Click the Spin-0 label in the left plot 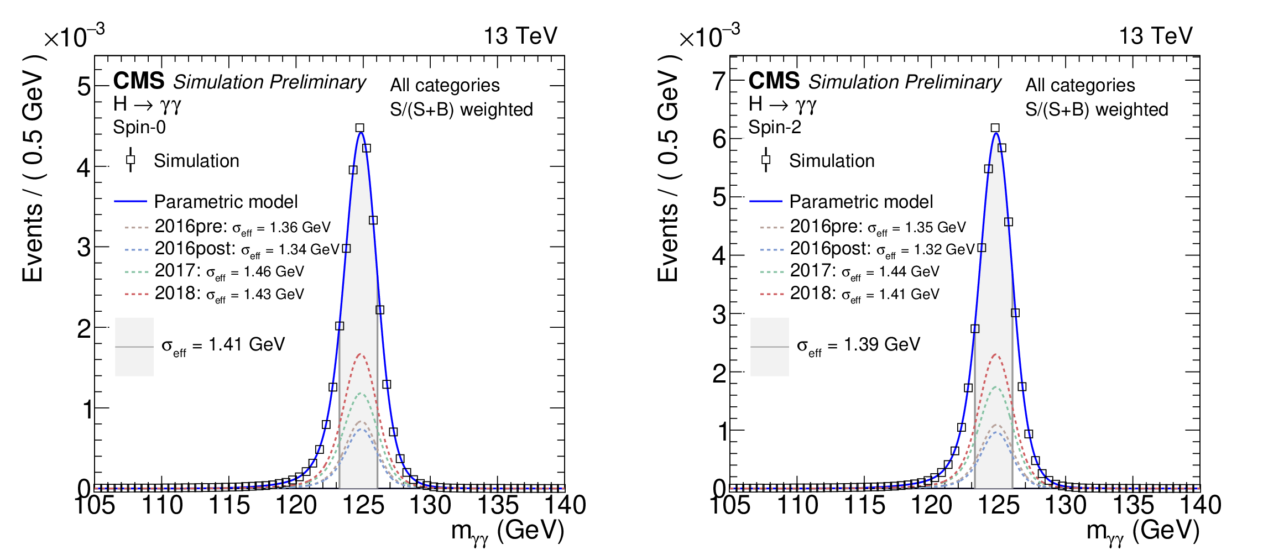139,127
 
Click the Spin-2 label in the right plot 774,127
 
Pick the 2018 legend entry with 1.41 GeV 864,294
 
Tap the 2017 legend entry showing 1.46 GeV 229,271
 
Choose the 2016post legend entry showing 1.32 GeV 882,249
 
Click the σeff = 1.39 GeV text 858,345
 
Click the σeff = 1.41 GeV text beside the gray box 223,345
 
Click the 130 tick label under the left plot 430,505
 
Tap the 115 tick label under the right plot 864,505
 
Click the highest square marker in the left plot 360,128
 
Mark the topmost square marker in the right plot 995,128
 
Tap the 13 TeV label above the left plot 520,36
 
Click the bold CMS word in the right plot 774,81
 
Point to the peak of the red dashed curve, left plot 361,354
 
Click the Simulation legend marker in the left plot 131,160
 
